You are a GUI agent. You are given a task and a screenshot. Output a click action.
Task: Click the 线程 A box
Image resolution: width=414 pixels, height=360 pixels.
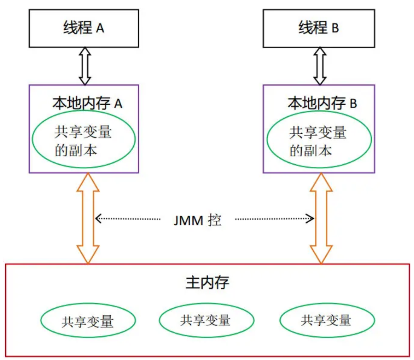click(x=84, y=28)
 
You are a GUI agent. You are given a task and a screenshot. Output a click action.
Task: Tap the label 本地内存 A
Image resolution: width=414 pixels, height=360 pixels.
click(x=87, y=103)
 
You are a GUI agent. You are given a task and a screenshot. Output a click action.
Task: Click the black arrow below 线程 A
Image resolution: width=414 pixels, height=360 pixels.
click(x=85, y=66)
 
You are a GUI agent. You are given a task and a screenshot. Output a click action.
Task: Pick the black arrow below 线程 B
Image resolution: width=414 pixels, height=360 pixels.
click(x=320, y=66)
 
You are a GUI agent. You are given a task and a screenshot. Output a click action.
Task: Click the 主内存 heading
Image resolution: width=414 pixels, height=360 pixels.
click(x=207, y=282)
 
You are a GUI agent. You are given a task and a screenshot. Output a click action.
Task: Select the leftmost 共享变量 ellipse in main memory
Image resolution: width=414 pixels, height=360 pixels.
click(x=88, y=321)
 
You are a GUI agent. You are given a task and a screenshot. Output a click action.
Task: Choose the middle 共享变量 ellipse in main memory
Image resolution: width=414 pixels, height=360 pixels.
click(x=206, y=320)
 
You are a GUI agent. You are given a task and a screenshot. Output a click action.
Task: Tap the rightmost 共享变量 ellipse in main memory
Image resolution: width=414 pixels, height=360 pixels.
click(x=327, y=321)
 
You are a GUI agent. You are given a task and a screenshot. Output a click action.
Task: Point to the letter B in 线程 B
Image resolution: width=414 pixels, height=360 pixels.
click(x=335, y=29)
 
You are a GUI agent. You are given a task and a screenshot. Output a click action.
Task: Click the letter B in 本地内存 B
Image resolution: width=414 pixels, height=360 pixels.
click(x=353, y=104)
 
